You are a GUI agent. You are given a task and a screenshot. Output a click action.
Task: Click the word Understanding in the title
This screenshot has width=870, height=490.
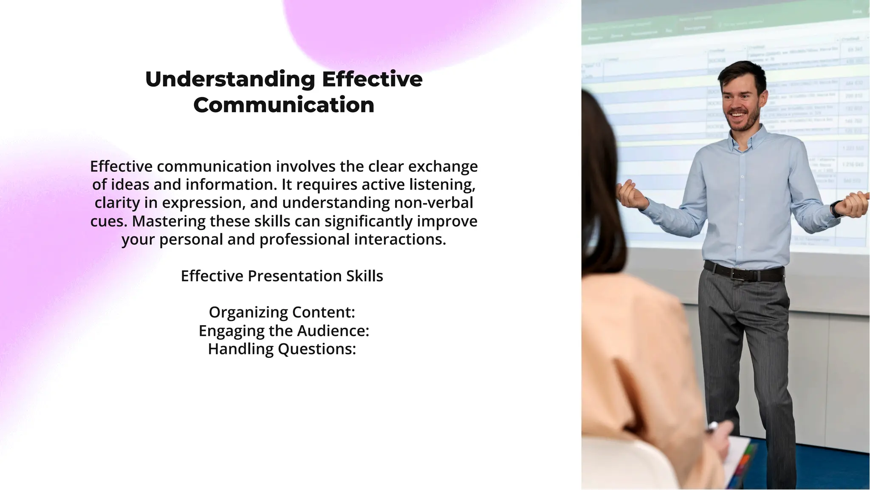click(x=230, y=79)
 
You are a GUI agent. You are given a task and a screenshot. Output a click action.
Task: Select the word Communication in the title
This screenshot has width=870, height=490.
click(x=284, y=105)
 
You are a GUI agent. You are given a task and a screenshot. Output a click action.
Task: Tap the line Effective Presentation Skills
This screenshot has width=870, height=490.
click(x=282, y=276)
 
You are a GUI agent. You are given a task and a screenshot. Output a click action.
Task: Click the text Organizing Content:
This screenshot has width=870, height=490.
click(x=282, y=312)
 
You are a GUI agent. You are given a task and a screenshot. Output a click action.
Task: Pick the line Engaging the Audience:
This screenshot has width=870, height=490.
click(x=284, y=331)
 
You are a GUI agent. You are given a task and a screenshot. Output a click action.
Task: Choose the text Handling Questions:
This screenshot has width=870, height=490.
click(x=282, y=349)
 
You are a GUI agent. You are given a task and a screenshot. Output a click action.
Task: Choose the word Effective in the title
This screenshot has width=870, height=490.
click(x=372, y=79)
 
